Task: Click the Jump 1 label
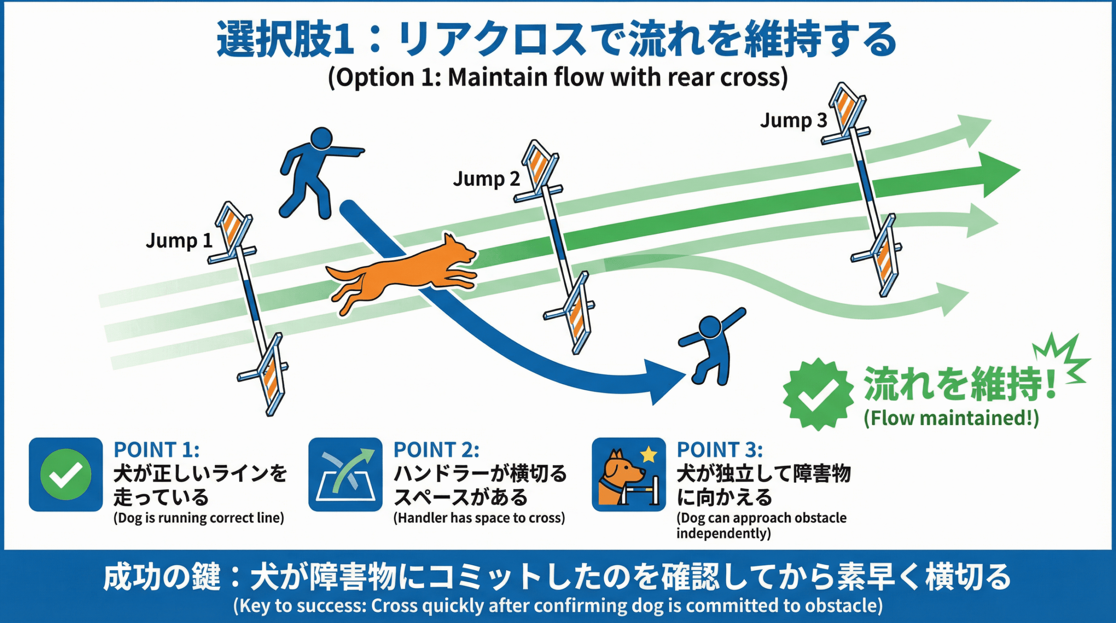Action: pyautogui.click(x=179, y=240)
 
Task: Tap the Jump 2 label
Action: pyautogui.click(x=486, y=179)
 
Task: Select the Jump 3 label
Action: pyautogui.click(x=793, y=120)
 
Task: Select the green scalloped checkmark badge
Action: pyautogui.click(x=818, y=394)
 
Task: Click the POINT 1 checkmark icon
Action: pyautogui.click(x=66, y=474)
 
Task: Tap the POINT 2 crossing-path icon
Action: pyautogui.click(x=345, y=474)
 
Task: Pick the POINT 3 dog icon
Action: pyautogui.click(x=629, y=474)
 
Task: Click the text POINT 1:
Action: pyautogui.click(x=157, y=449)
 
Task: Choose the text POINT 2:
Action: pyautogui.click(x=436, y=449)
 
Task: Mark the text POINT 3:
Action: pyautogui.click(x=720, y=449)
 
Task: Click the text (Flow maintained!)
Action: pyautogui.click(x=951, y=418)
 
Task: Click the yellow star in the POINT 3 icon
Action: pyautogui.click(x=649, y=454)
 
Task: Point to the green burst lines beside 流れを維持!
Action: pyautogui.click(x=1064, y=357)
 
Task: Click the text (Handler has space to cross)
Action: pyautogui.click(x=479, y=518)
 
